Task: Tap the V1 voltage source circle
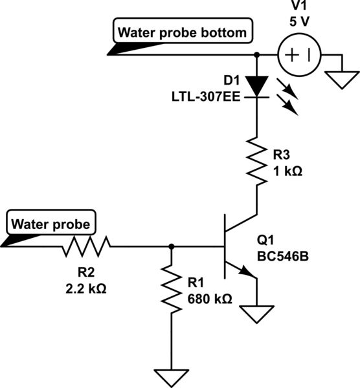(x=298, y=55)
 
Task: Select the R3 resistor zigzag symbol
(x=258, y=162)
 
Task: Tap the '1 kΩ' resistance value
(x=286, y=171)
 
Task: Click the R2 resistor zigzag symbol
(x=87, y=246)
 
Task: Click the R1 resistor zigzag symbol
(x=171, y=289)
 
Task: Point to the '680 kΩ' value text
(x=208, y=299)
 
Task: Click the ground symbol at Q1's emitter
(x=258, y=314)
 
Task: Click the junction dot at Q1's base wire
(x=171, y=246)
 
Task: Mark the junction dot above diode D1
(x=258, y=55)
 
